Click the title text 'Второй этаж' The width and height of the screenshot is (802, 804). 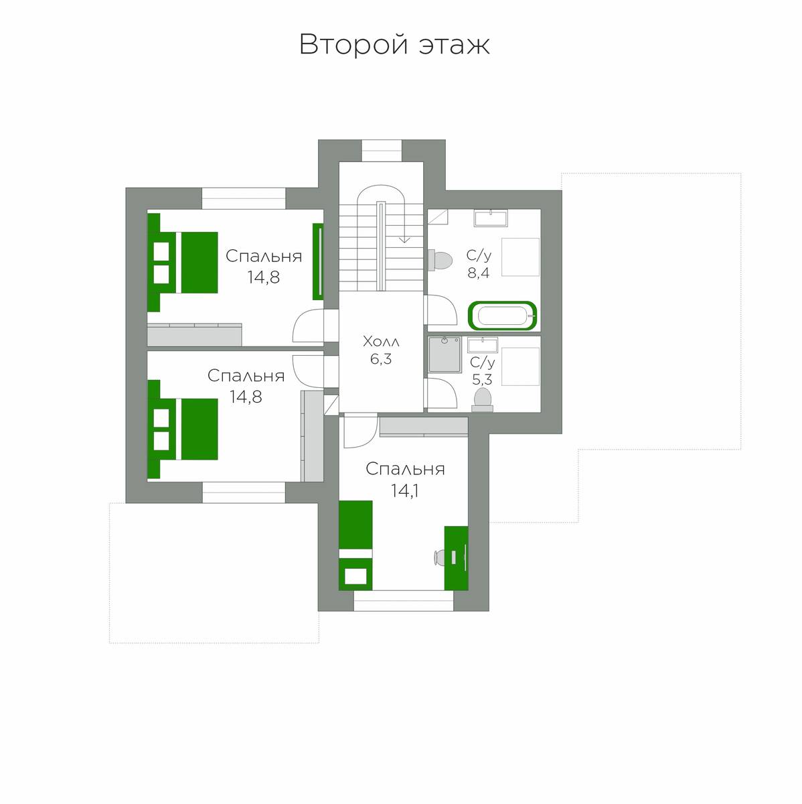point(394,44)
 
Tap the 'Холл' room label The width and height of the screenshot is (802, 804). point(381,342)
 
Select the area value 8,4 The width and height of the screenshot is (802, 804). point(479,273)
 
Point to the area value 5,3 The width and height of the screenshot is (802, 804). point(482,379)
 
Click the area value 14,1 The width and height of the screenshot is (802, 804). point(404,491)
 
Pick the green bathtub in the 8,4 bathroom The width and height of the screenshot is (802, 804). point(503,316)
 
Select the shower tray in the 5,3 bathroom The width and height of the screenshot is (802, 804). point(445,354)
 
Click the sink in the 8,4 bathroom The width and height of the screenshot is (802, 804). point(491,218)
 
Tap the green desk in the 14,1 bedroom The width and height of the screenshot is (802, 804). point(457,558)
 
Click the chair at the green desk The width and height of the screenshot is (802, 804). point(438,557)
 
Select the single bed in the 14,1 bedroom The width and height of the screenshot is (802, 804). point(355,545)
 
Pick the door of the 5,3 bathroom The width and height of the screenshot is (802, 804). point(440,393)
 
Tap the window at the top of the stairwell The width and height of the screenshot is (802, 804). point(382,150)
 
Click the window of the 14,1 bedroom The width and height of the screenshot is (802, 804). point(403,601)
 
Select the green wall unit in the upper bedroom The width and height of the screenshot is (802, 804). point(318,261)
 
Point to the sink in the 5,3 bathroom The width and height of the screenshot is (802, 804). point(483,345)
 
